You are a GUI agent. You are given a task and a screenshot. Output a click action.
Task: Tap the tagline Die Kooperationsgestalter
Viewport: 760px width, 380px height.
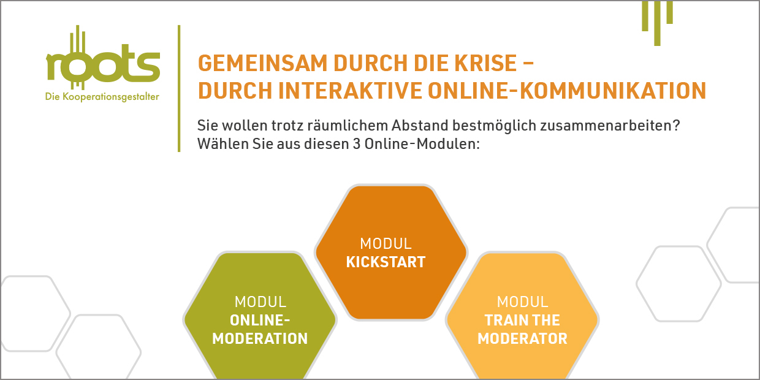(x=102, y=97)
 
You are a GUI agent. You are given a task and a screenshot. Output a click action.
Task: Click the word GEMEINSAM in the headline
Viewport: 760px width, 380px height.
(x=262, y=63)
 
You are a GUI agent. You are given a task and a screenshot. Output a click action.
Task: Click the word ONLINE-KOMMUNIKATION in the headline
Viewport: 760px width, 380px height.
(x=567, y=91)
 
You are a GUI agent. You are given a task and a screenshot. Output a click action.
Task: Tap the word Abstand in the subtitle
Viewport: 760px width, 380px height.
(x=420, y=126)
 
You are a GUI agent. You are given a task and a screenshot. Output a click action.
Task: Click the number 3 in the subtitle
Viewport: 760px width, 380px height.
(x=356, y=144)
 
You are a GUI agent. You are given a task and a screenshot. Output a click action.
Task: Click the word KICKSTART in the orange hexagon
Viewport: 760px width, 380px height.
(x=386, y=262)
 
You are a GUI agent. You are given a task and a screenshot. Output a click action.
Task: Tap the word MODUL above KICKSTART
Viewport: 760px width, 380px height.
(x=386, y=243)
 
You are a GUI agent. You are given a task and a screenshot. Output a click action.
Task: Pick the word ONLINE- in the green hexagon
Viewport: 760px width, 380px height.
(x=260, y=321)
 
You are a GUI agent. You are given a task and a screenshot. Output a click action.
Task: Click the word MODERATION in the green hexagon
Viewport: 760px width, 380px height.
(x=260, y=338)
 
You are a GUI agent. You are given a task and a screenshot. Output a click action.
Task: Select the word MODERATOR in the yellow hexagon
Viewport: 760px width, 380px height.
(x=522, y=338)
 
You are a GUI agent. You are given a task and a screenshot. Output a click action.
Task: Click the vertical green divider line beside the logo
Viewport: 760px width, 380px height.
(x=179, y=88)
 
